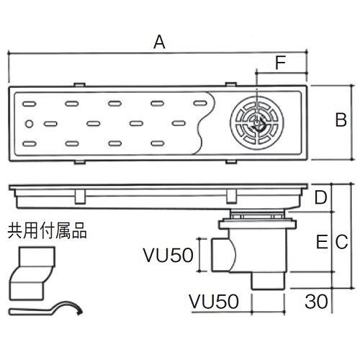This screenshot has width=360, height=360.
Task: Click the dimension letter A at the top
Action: click(x=160, y=42)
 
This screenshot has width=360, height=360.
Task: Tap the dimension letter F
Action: click(x=282, y=63)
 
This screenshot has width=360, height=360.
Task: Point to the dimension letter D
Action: click(x=321, y=197)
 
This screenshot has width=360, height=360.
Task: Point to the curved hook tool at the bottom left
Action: click(x=48, y=309)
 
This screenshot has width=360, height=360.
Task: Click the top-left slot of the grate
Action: click(x=31, y=103)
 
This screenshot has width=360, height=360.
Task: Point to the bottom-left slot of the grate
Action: click(x=31, y=145)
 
